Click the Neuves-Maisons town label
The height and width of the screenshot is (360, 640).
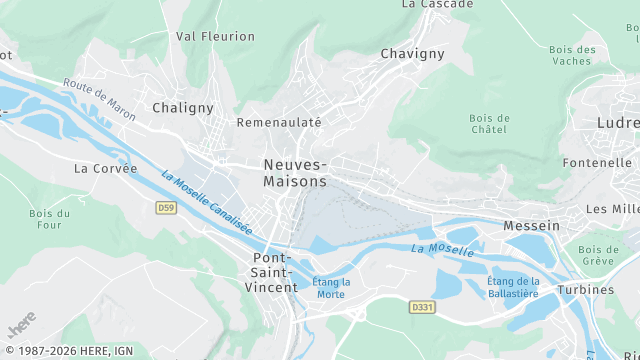click(x=294, y=173)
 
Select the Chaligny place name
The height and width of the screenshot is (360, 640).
click(x=183, y=107)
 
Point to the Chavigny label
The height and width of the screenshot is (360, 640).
click(x=412, y=54)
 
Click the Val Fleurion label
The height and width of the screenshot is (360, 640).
click(x=215, y=36)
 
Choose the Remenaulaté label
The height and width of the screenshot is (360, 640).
click(x=279, y=122)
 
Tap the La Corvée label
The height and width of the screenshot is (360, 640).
click(x=98, y=169)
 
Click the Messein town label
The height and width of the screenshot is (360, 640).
click(x=531, y=226)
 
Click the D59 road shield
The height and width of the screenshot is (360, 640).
click(x=166, y=207)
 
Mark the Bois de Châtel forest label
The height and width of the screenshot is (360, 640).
click(x=489, y=124)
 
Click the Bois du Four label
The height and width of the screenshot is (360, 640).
click(x=49, y=220)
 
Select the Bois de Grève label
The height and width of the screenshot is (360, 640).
click(x=598, y=255)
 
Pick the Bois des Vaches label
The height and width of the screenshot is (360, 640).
click(x=573, y=56)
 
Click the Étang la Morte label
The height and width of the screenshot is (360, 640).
click(x=330, y=288)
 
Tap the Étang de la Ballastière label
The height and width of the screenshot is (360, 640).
click(x=512, y=287)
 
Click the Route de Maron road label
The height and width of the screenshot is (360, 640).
click(x=98, y=95)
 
